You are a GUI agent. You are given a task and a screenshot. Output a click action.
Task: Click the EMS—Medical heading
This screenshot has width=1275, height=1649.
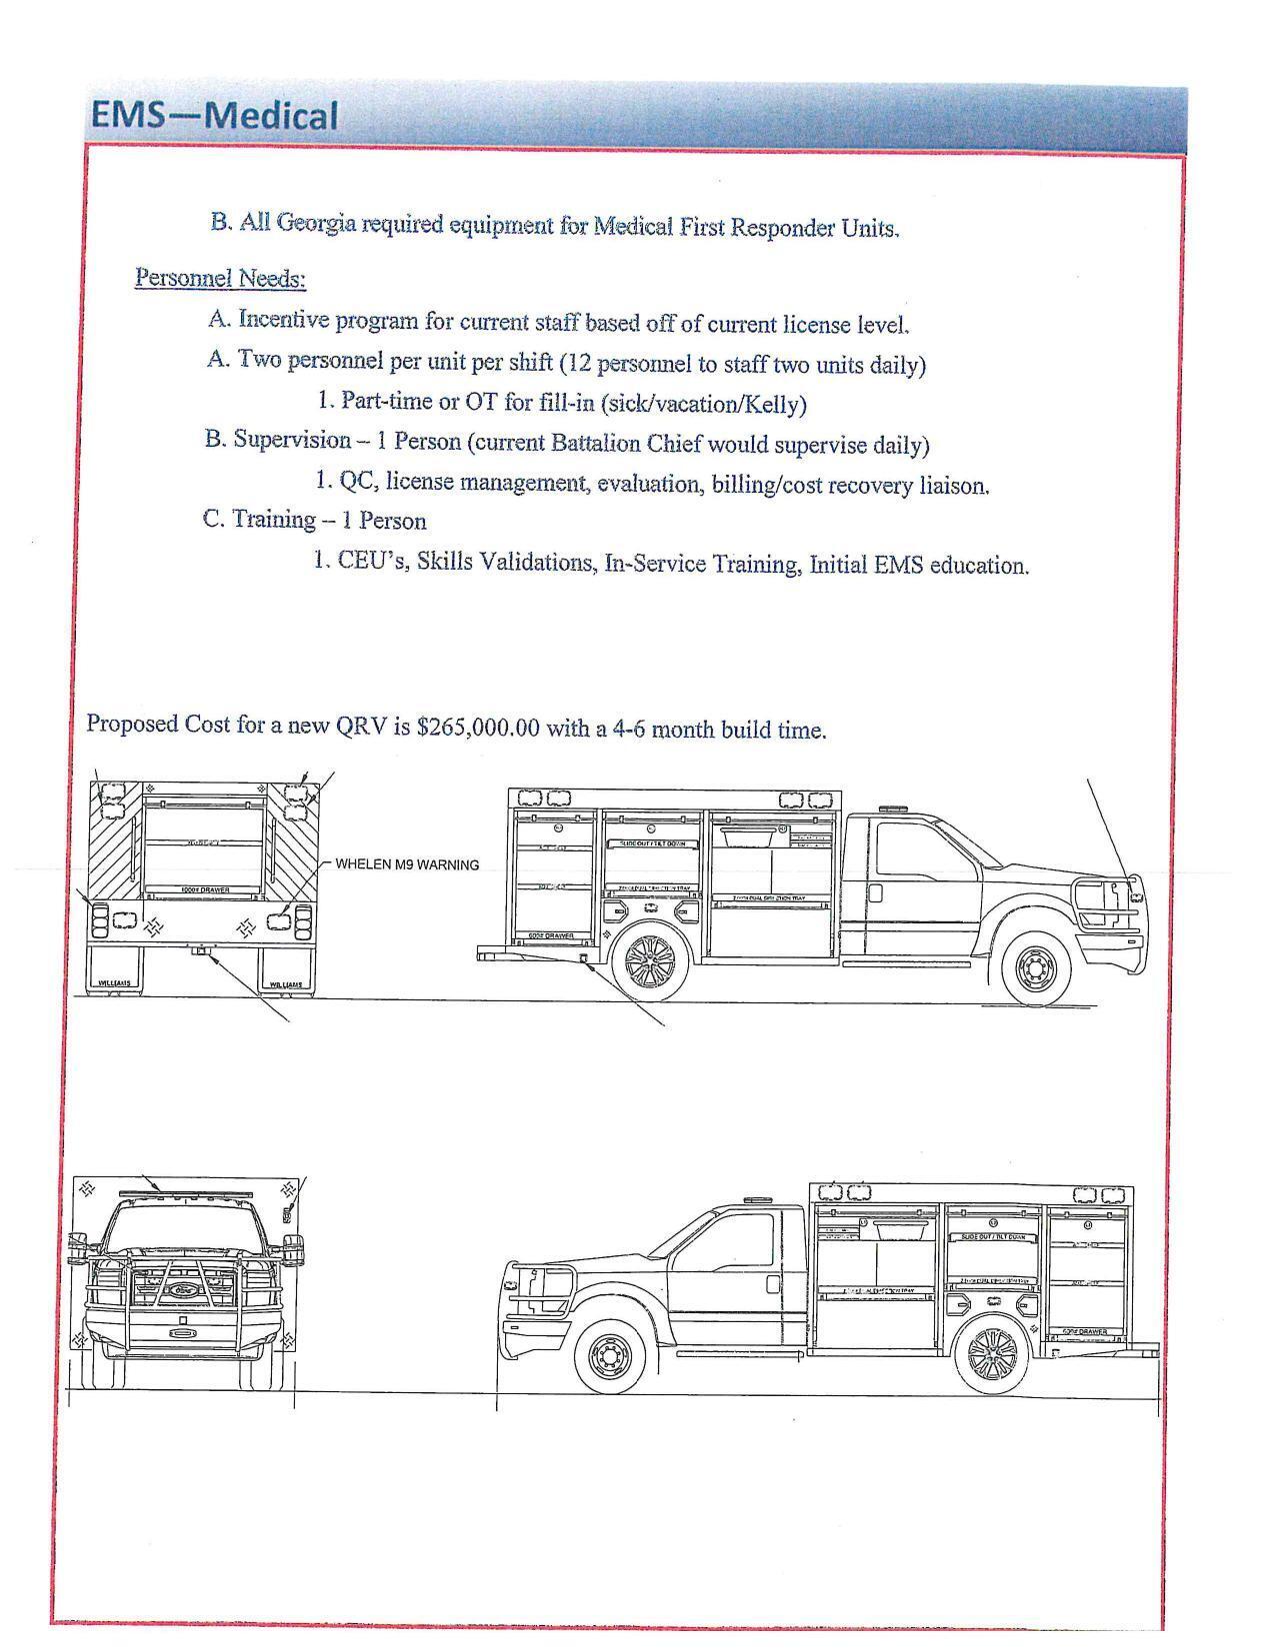coord(214,116)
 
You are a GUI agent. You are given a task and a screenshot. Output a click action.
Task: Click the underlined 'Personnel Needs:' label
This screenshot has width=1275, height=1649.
coord(220,278)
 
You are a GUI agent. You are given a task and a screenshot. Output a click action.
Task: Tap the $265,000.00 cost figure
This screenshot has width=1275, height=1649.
coord(478,727)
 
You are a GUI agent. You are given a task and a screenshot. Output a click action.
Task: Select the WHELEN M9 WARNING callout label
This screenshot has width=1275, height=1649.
coord(406,864)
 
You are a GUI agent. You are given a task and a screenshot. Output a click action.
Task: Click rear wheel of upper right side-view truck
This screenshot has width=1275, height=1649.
coord(650,962)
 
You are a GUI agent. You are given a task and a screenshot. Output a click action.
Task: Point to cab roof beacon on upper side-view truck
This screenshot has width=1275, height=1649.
coord(891,808)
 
